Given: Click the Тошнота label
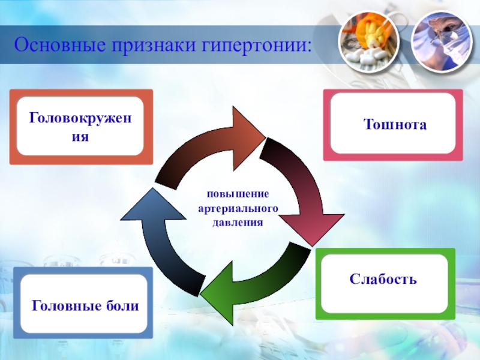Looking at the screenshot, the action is pyautogui.click(x=395, y=125).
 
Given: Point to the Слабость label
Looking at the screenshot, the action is pyautogui.click(x=383, y=280).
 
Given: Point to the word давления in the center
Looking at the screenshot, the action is pyautogui.click(x=238, y=222).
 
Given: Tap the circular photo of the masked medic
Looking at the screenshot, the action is pyautogui.click(x=438, y=40).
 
